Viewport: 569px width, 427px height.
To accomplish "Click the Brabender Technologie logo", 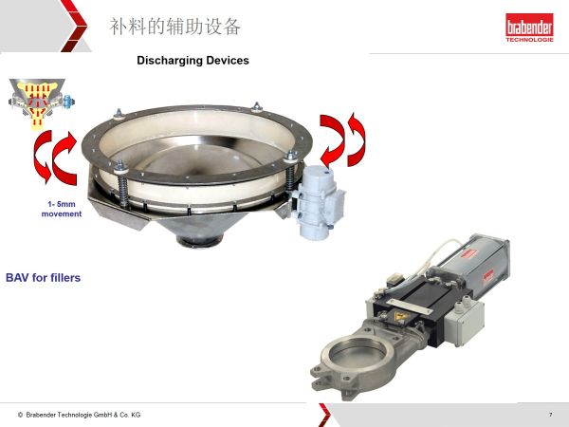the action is [x=529, y=28].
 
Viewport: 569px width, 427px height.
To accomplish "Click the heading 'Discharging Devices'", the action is [x=193, y=61].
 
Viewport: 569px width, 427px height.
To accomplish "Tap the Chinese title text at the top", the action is [x=174, y=27].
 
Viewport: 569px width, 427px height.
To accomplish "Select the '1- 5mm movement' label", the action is [x=62, y=209].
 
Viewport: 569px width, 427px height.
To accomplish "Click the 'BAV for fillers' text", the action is [x=44, y=278].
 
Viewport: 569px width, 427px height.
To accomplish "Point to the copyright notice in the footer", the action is [x=79, y=415].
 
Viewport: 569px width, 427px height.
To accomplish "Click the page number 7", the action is [x=550, y=415].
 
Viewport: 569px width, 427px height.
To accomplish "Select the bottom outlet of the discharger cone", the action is [x=199, y=241].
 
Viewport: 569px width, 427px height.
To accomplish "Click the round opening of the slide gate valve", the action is [x=358, y=358].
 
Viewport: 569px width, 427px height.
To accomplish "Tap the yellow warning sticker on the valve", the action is [x=400, y=317].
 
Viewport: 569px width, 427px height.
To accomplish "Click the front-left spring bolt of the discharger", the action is [x=121, y=185].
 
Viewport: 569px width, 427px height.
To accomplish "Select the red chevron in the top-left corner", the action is [x=74, y=26].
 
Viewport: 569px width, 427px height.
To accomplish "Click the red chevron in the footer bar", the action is [x=324, y=415].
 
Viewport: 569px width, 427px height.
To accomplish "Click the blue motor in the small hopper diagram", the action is [x=68, y=102].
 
